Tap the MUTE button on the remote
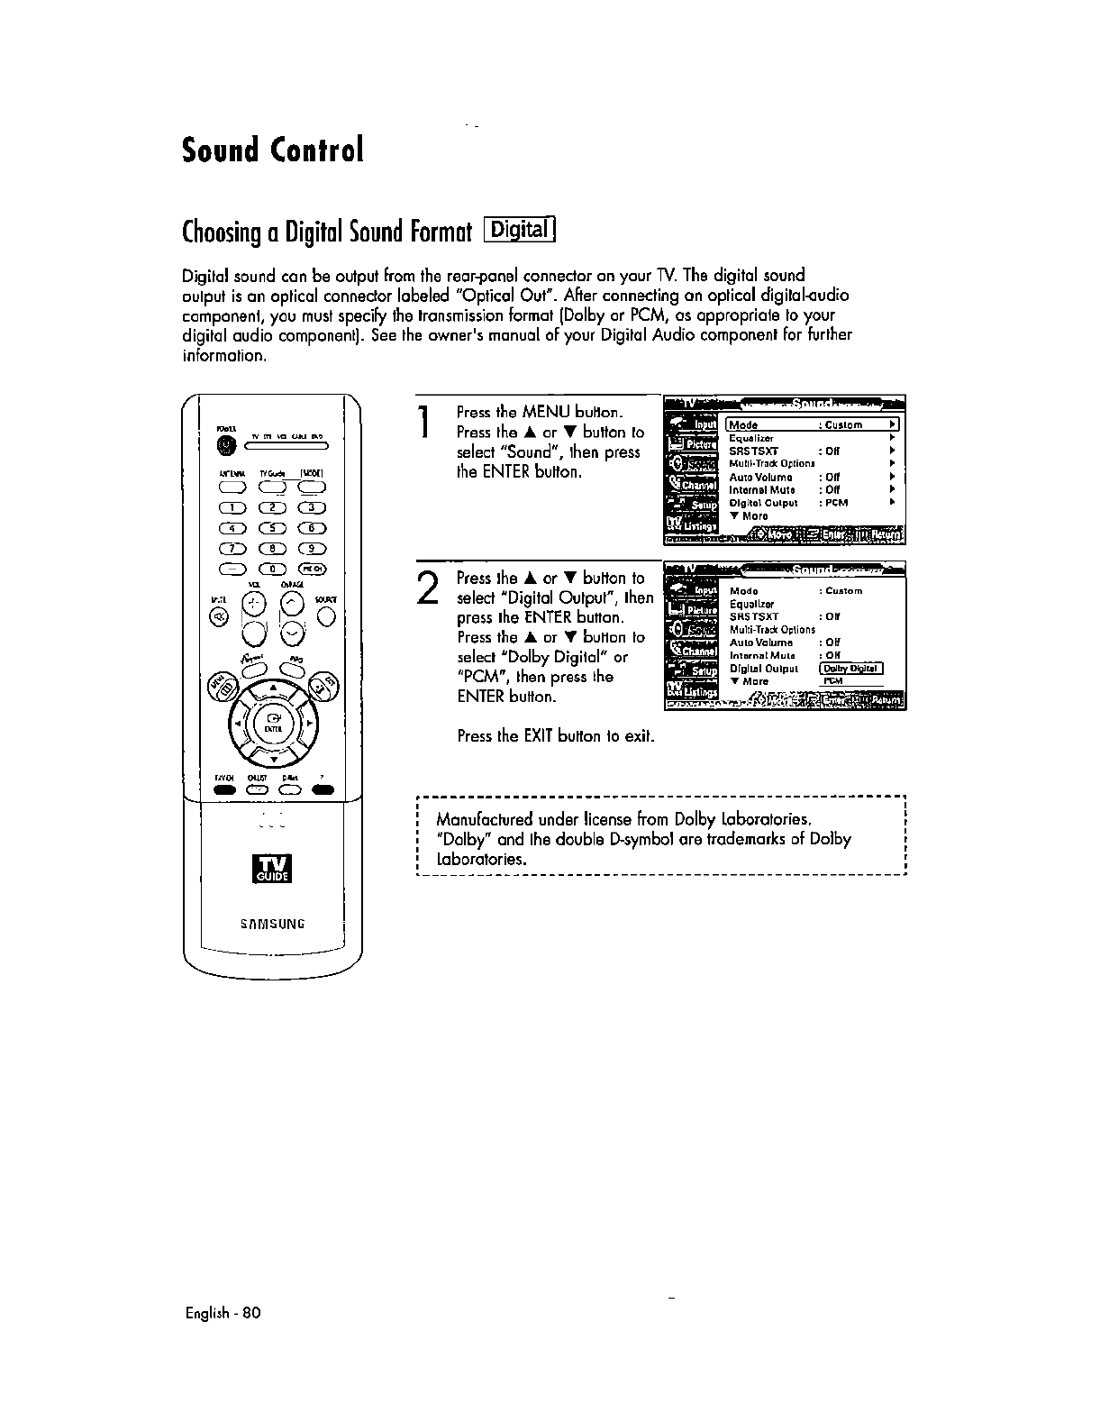(219, 616)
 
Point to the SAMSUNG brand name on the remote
(272, 924)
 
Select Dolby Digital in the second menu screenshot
(850, 669)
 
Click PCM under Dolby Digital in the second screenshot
(833, 681)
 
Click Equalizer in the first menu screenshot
(751, 438)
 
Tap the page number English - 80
(222, 1313)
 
